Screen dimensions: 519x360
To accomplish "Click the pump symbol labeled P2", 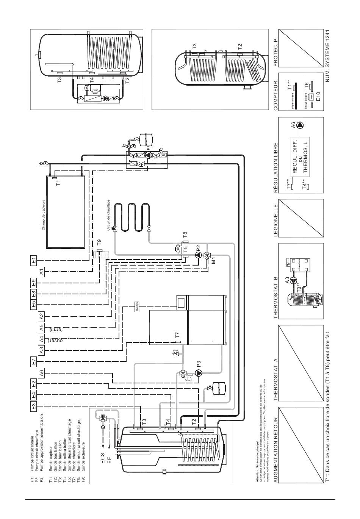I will point(198,255).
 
